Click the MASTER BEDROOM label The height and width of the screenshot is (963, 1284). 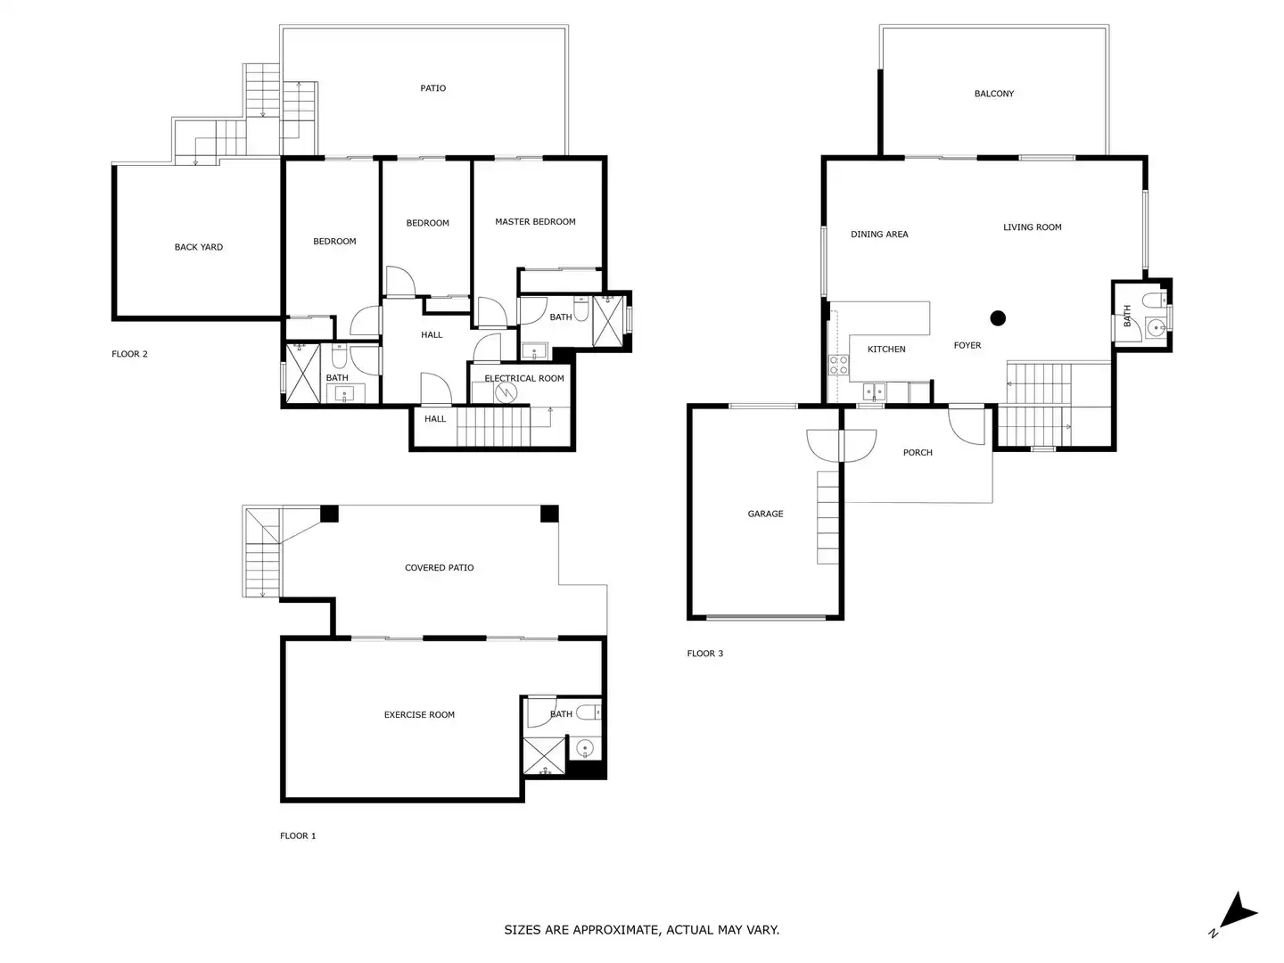click(535, 222)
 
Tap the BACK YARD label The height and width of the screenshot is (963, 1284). click(198, 247)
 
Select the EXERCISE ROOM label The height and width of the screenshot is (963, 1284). click(419, 714)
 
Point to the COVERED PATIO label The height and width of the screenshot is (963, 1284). click(439, 568)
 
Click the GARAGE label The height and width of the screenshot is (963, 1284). click(765, 514)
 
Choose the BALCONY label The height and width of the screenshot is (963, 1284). click(994, 94)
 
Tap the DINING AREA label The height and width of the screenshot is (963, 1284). click(879, 235)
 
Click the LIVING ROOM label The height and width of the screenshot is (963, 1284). click(1032, 227)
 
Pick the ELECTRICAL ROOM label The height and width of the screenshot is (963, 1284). click(524, 378)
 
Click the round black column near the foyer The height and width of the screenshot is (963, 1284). click(998, 318)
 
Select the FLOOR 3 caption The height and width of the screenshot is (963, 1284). click(705, 654)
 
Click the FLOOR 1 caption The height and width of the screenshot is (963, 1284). click(298, 836)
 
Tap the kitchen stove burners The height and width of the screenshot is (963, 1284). click(838, 365)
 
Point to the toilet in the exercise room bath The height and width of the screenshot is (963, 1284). click(588, 712)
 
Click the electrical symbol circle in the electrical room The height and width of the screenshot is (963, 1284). click(506, 392)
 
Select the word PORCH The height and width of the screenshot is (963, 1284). click(918, 453)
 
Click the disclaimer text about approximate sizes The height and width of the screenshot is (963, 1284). click(642, 930)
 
